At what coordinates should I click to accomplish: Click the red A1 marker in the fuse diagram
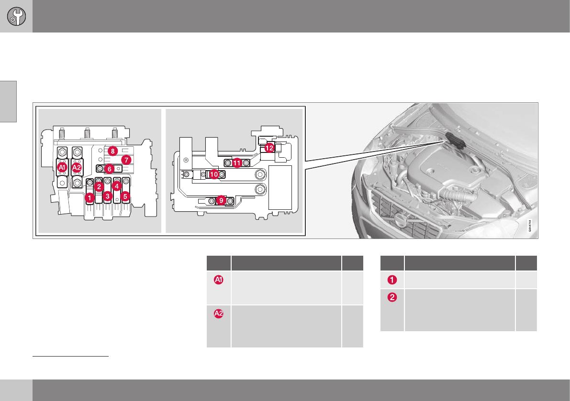(x=62, y=168)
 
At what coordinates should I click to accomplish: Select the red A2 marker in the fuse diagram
(x=77, y=168)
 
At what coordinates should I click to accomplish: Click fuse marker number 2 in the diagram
(x=99, y=187)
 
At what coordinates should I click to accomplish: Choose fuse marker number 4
(x=116, y=187)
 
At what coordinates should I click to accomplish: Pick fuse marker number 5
(x=125, y=196)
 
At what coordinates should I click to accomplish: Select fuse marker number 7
(x=126, y=159)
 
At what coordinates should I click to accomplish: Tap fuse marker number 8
(x=112, y=151)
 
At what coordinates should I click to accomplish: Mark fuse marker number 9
(x=221, y=201)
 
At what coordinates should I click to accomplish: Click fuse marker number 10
(x=214, y=175)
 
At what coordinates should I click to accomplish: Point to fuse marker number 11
(x=237, y=163)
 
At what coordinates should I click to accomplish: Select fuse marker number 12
(x=270, y=148)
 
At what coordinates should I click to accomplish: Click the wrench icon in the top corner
(x=16, y=16)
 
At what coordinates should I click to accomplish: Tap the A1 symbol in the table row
(x=219, y=281)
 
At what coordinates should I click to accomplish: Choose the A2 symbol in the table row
(x=219, y=314)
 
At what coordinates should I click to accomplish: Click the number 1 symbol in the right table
(x=392, y=280)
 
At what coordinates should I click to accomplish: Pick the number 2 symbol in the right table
(x=392, y=297)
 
